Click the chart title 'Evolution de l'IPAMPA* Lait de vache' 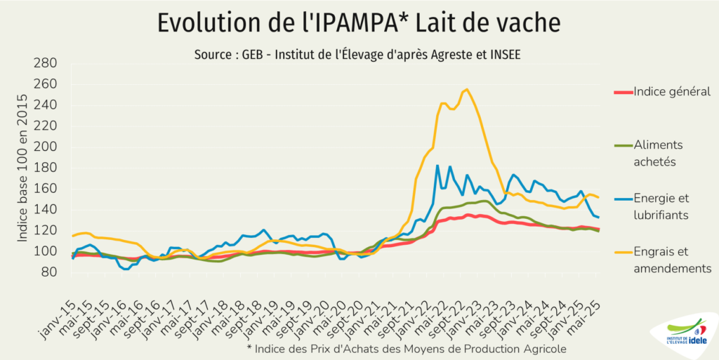tap(359, 22)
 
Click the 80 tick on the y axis tap(48, 272)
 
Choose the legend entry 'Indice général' tap(671, 91)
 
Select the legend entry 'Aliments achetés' tap(658, 153)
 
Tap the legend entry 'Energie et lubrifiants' tap(661, 207)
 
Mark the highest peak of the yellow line tap(467, 89)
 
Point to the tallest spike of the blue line tap(437, 166)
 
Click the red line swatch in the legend tap(622, 91)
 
